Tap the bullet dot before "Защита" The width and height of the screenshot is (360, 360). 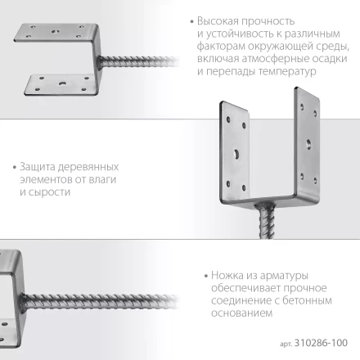click(30, 164)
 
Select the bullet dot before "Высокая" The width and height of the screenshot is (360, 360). click(192, 20)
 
